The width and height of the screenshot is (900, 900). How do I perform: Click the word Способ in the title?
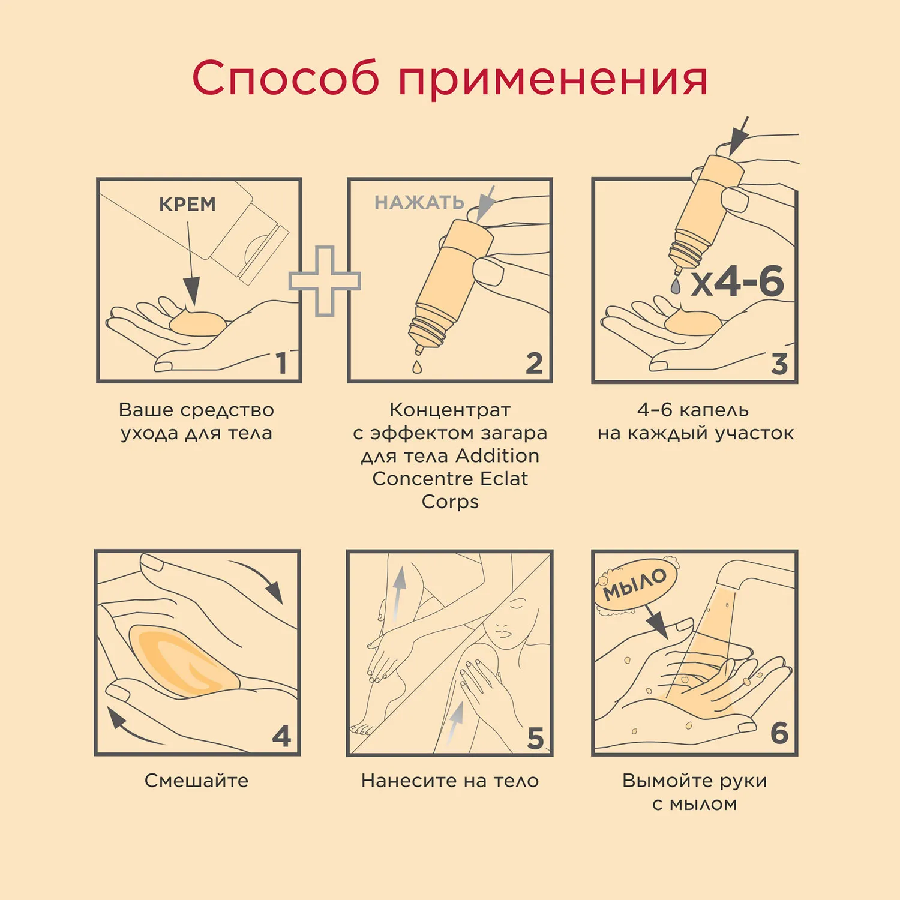[286, 79]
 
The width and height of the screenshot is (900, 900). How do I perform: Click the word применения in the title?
[553, 80]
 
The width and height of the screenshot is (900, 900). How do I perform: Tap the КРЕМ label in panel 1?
[187, 205]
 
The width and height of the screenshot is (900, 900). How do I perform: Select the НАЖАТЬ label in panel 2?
[419, 203]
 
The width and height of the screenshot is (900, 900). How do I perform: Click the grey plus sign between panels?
[325, 281]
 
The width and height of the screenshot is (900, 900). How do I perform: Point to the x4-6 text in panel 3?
[737, 282]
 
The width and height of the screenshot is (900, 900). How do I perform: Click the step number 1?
[280, 364]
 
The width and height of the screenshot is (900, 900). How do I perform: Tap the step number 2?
[534, 364]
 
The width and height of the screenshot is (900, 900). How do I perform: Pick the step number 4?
[281, 736]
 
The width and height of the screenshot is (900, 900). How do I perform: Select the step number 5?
[535, 738]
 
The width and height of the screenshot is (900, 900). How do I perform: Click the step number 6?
[779, 733]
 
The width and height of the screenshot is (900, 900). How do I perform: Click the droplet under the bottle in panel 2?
[417, 367]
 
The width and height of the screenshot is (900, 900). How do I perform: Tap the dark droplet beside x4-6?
[676, 286]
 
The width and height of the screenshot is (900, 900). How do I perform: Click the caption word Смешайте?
[196, 781]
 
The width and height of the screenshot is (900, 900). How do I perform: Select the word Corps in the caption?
[450, 502]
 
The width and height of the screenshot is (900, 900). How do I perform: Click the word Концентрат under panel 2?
[450, 410]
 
